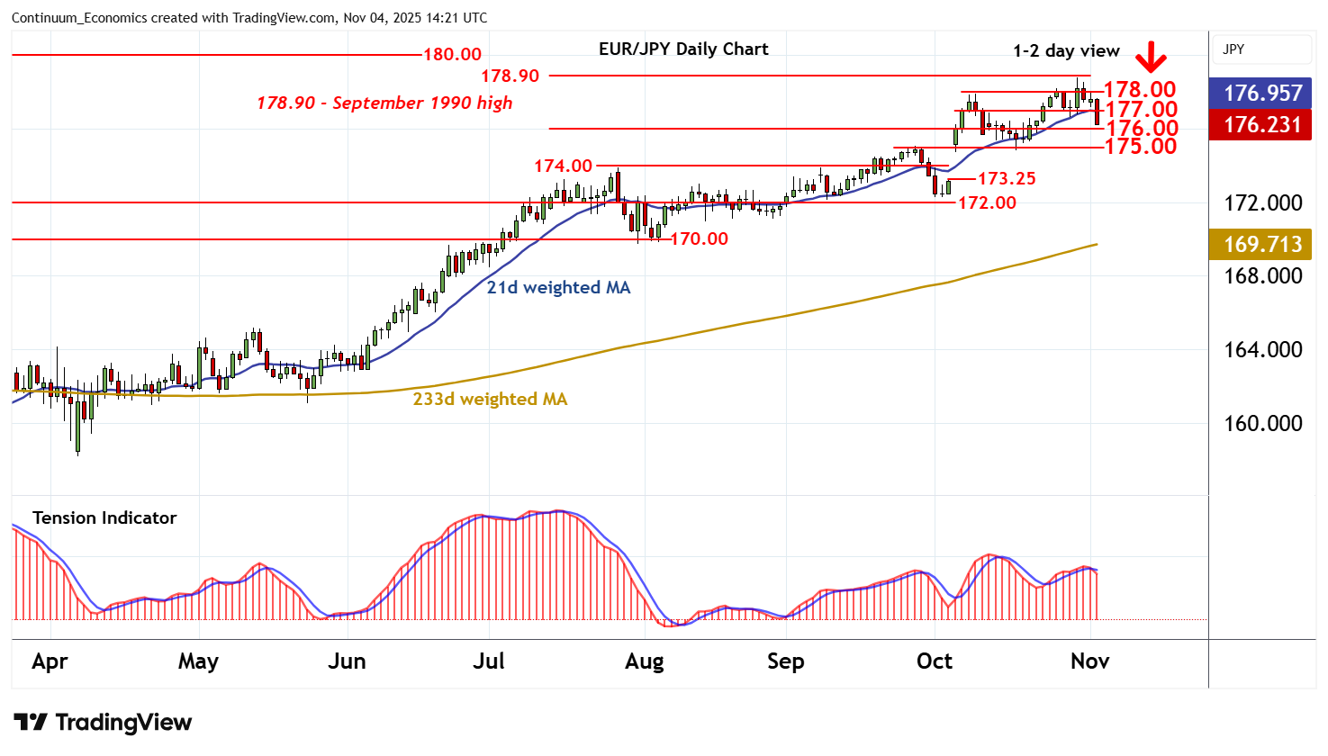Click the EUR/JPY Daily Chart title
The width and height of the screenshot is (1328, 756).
click(x=683, y=49)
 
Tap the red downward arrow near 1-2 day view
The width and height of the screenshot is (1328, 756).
click(x=1151, y=58)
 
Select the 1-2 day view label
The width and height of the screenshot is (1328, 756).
click(x=1066, y=51)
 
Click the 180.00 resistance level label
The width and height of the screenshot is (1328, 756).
click(x=452, y=55)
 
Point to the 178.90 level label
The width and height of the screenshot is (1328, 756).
click(x=510, y=76)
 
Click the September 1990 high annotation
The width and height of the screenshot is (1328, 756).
click(x=384, y=103)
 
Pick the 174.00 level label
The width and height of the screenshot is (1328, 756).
click(x=563, y=166)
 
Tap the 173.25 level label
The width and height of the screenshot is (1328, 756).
click(x=1007, y=178)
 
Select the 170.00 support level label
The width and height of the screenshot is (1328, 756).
click(x=700, y=238)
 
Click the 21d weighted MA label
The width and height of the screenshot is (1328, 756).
click(x=558, y=287)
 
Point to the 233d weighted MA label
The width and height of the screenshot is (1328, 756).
click(x=490, y=399)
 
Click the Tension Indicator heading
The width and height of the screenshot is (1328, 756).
click(x=104, y=517)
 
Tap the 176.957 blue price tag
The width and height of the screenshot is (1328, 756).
click(x=1262, y=93)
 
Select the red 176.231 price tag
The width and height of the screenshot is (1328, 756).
click(x=1262, y=124)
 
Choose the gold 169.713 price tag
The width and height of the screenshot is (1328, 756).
click(x=1262, y=244)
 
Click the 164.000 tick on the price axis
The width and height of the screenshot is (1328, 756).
click(x=1262, y=349)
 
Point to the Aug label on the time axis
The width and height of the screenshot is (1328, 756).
click(x=645, y=661)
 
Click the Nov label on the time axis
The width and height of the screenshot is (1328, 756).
click(x=1089, y=661)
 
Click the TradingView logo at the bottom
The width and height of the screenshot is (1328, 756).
click(x=103, y=722)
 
